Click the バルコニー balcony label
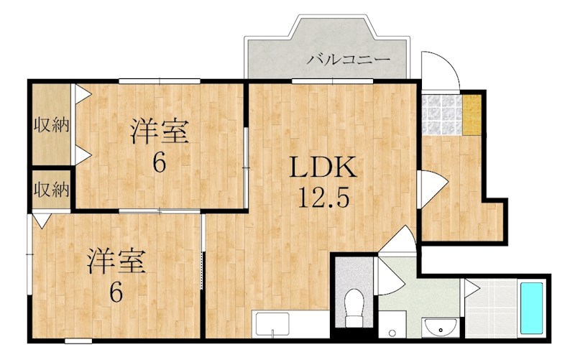pos(348,59)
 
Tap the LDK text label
pos(323,168)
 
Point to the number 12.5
pos(323,195)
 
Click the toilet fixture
pos(353,309)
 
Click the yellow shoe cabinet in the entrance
pos(471,114)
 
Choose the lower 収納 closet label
pos(51,190)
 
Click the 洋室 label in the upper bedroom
pos(159,132)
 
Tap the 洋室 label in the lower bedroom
pos(117,261)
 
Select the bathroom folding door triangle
pos(471,288)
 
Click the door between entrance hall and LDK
pos(425,185)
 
